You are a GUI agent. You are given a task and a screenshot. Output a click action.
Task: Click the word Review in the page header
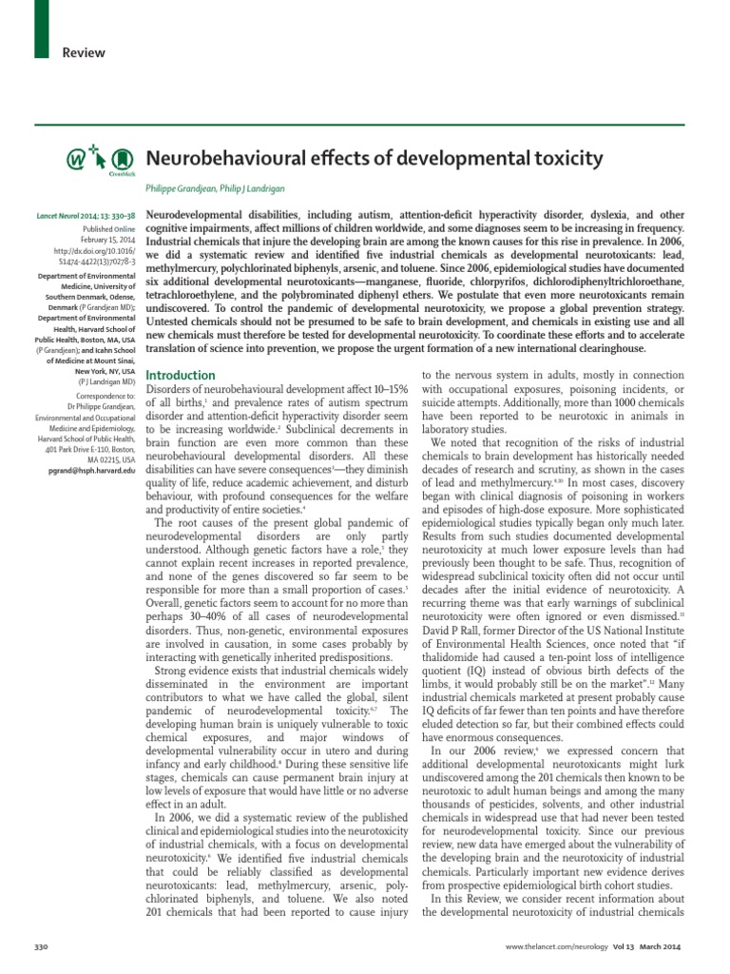(84, 53)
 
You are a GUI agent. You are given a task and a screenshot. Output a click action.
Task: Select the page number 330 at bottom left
(41, 951)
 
